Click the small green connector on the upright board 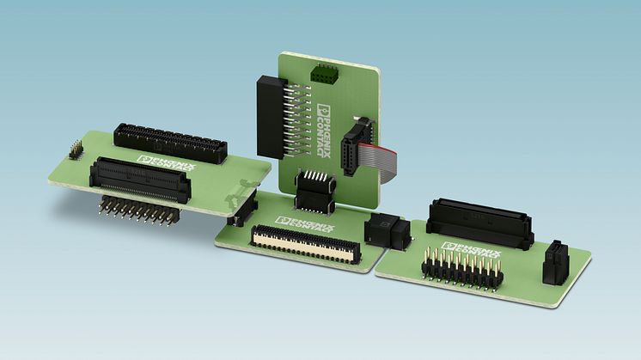click(322, 73)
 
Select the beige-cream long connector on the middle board click(305, 243)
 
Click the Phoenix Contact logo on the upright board click(324, 131)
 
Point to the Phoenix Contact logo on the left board click(167, 162)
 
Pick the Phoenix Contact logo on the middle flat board click(305, 224)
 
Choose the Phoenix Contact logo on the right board click(471, 250)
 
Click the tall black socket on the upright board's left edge click(271, 117)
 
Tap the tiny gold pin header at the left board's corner click(76, 149)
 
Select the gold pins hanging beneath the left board click(139, 211)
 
